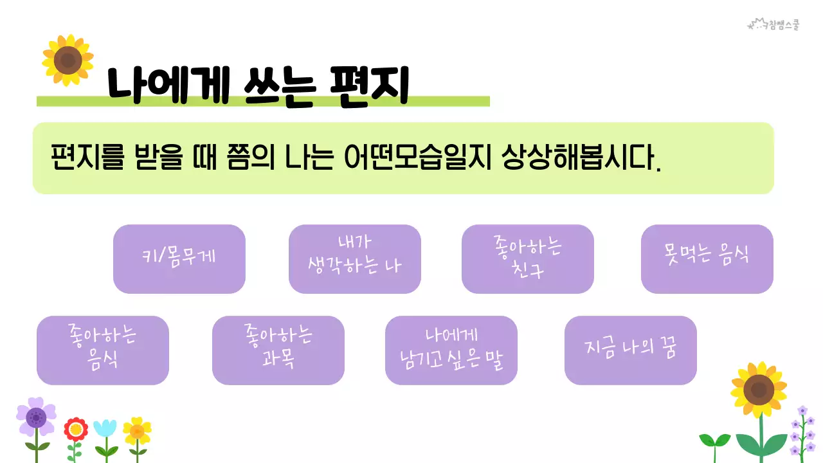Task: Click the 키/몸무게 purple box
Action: pos(179,259)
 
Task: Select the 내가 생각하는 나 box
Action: pos(354,259)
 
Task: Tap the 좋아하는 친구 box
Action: pos(527,259)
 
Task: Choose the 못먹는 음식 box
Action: pos(707,259)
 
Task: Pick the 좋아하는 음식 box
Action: pos(102,350)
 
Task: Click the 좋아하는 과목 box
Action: pos(278,350)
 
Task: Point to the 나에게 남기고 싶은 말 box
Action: pos(451,350)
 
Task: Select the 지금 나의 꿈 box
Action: pos(630,350)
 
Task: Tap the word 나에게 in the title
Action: pos(168,86)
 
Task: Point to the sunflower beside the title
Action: pos(68,60)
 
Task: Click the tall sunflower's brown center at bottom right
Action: pos(759,390)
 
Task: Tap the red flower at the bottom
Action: pos(76,429)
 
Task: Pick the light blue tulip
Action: pos(105,428)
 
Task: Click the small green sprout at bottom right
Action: pos(714,442)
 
